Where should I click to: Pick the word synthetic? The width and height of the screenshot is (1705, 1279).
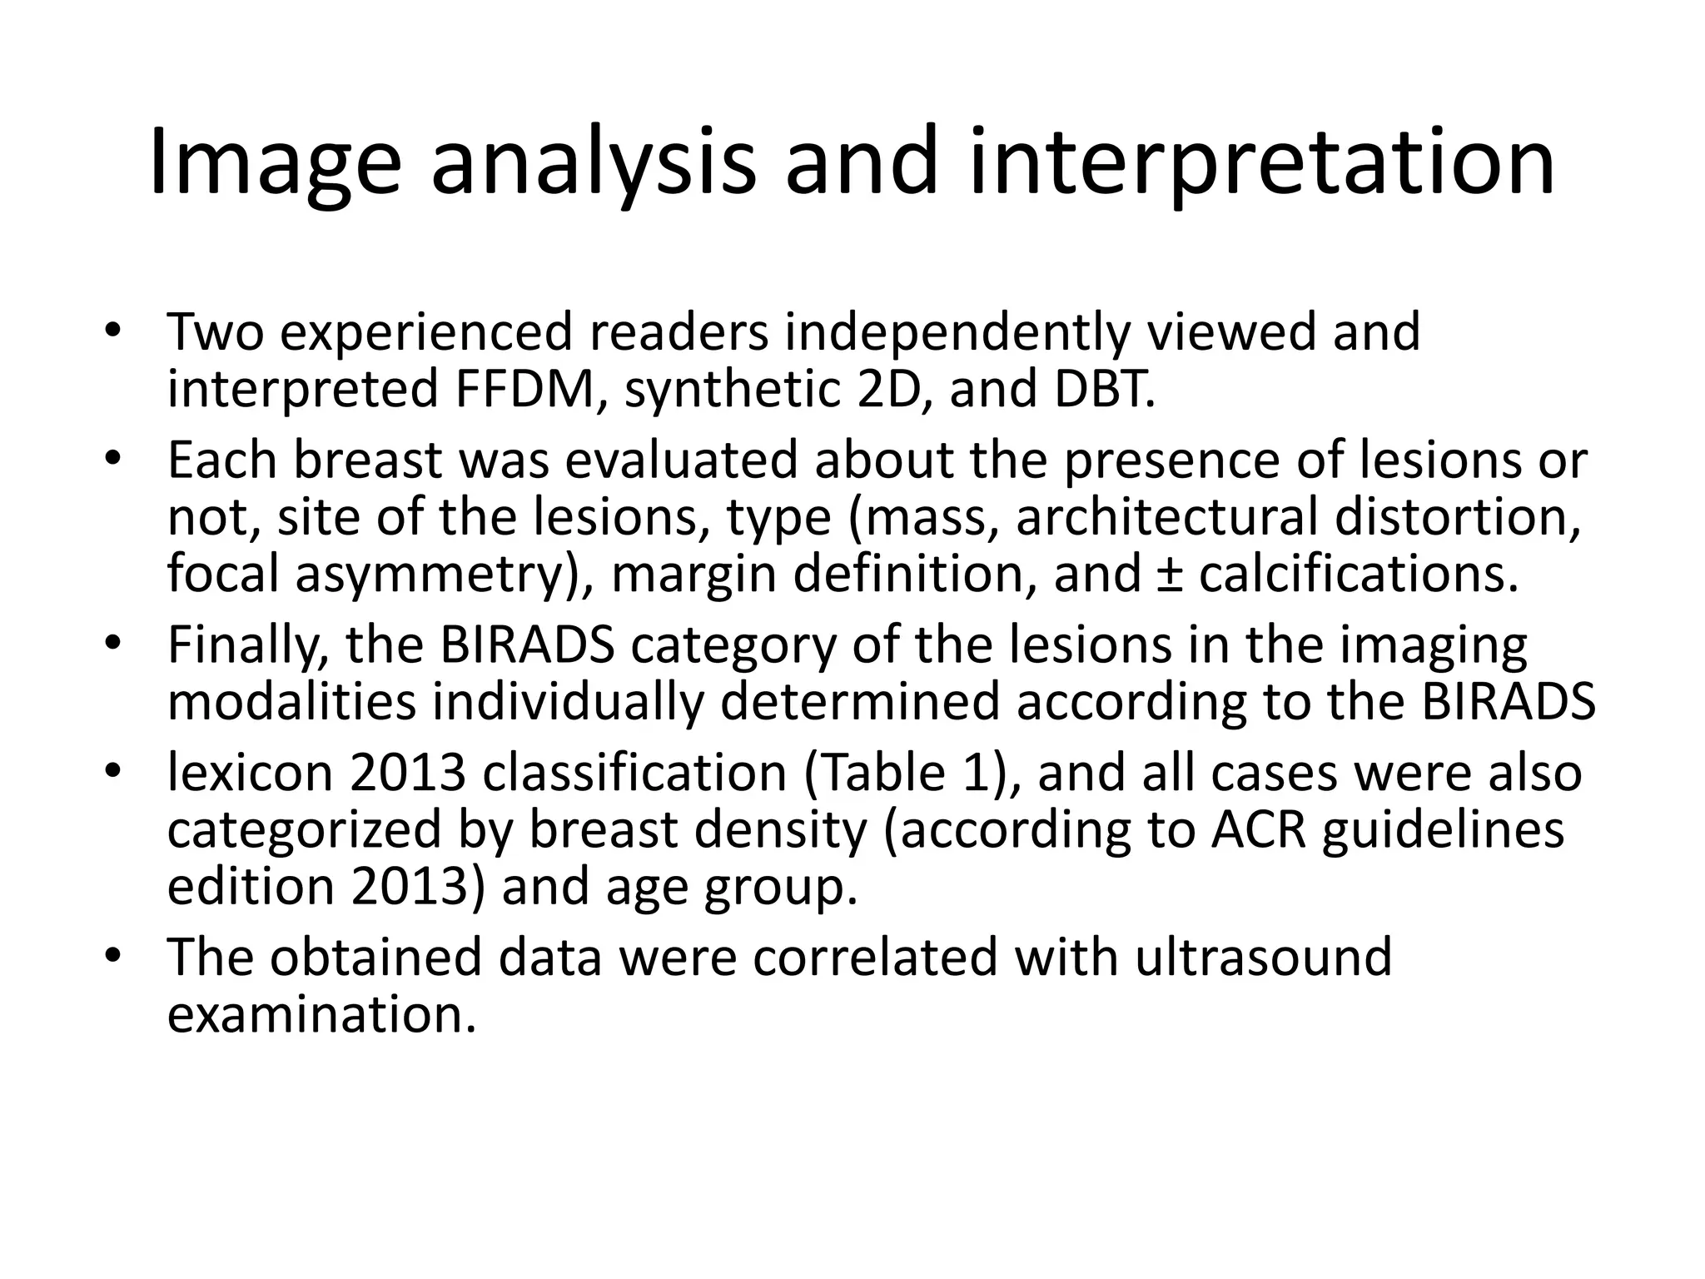coord(733,389)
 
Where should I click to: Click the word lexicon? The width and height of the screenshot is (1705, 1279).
coord(250,772)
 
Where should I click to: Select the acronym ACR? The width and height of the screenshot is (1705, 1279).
coord(1258,829)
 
